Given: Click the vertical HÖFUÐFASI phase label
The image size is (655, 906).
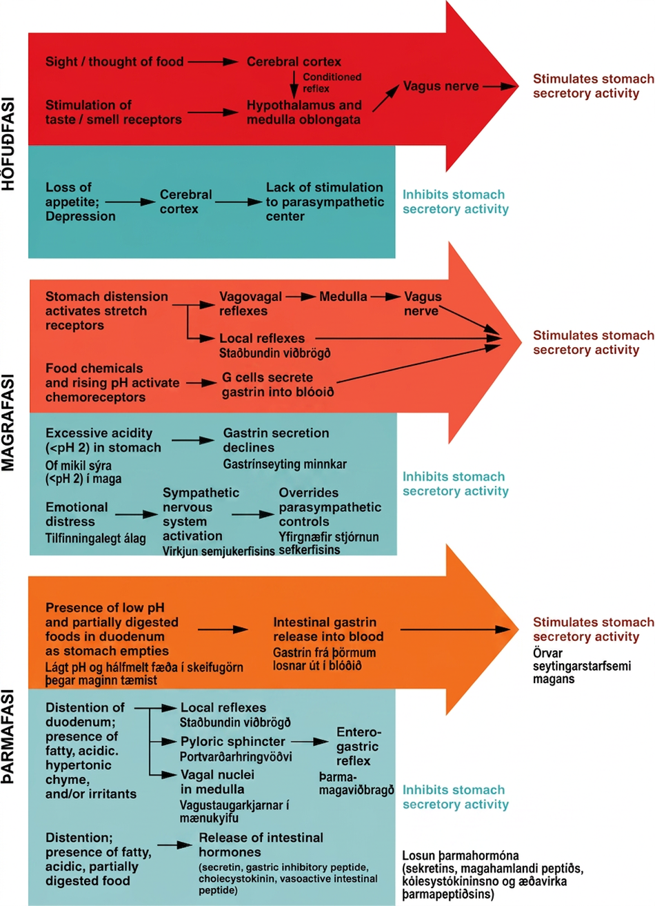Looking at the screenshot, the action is (8, 144).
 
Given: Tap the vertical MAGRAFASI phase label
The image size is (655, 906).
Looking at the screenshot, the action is (8, 423).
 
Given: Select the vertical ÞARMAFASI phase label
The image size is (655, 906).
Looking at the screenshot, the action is (8, 736).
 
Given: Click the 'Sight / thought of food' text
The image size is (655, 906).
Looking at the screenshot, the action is (114, 61).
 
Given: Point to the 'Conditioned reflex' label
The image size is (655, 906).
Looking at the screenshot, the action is (332, 83).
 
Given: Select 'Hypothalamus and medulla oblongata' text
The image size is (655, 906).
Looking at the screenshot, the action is (304, 112).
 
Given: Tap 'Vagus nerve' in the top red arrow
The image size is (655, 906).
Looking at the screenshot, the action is (441, 86).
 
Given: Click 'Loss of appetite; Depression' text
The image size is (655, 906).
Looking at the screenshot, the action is (81, 201).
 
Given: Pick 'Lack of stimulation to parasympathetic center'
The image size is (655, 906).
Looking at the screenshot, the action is (325, 201).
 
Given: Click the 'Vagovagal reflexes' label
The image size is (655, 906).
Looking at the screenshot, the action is (250, 304).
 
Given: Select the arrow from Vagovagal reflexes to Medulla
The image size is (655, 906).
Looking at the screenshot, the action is (301, 297).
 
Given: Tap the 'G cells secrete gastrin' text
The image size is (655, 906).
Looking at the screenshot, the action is (278, 384).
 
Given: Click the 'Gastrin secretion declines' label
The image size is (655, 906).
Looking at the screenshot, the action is (276, 440).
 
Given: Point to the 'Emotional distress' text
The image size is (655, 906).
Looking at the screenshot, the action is (77, 514).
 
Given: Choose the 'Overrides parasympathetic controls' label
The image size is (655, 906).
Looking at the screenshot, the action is (330, 506).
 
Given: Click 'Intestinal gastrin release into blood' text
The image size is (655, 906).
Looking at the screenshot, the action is (328, 629).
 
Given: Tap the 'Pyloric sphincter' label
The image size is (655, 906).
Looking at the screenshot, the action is (233, 741).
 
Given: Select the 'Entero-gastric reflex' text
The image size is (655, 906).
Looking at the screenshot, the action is (358, 746).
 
